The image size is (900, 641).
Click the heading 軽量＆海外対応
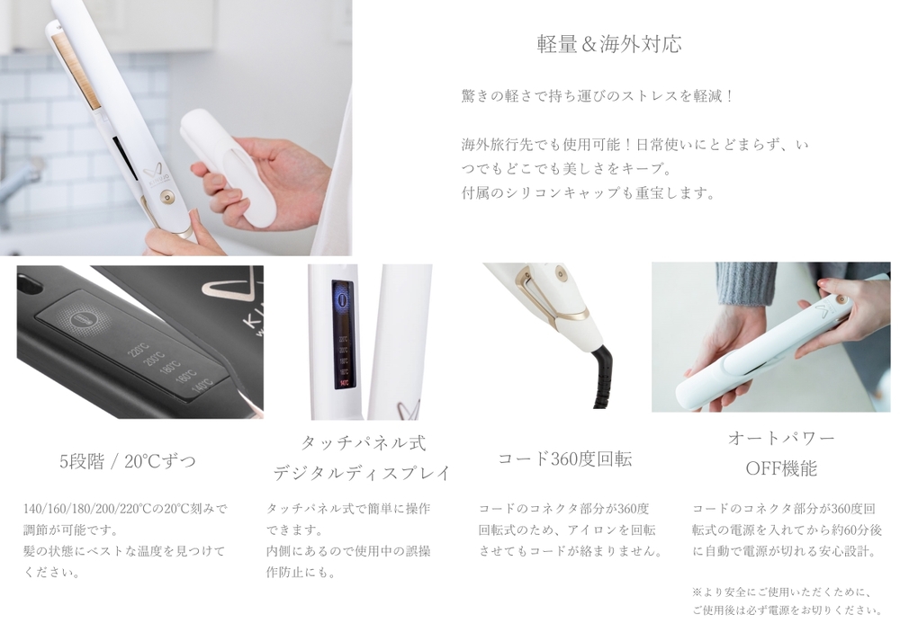point(609,44)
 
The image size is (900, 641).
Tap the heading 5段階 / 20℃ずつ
point(128,461)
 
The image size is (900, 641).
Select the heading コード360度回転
point(565,458)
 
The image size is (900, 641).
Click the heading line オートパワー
point(780,439)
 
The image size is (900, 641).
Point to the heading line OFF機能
point(780,468)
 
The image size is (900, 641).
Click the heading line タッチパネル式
point(364,442)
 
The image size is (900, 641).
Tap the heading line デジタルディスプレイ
point(361,473)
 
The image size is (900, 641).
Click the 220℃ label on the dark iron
point(139,348)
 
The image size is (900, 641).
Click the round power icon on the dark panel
point(82,317)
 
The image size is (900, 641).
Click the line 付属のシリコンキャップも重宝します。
point(589,192)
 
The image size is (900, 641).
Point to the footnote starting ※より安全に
point(787,601)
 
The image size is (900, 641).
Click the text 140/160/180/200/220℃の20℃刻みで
point(125,509)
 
